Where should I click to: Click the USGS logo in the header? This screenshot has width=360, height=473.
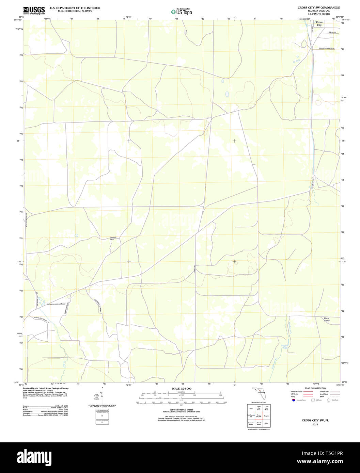[34, 11]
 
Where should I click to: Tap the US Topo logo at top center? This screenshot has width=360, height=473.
[182, 12]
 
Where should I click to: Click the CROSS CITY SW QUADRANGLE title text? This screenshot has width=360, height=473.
[318, 7]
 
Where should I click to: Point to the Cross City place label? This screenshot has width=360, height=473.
[319, 23]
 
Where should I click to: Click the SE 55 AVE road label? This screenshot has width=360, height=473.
[332, 32]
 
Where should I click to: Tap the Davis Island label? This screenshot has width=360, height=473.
[327, 319]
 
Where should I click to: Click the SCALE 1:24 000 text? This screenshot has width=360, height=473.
[181, 389]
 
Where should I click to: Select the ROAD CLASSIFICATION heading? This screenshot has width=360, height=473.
[315, 388]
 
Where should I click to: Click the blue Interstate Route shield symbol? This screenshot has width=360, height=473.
[293, 400]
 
